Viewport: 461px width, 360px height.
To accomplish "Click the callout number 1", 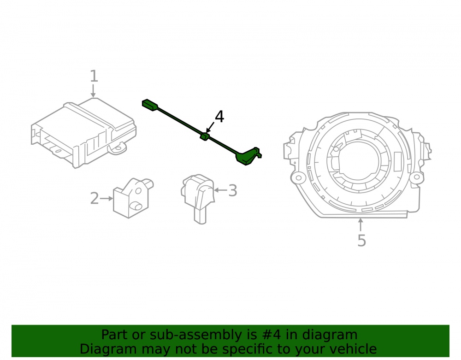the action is (x=94, y=76).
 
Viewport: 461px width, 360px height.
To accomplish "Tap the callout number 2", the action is (x=95, y=198).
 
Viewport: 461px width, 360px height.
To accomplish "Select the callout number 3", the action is (x=233, y=191).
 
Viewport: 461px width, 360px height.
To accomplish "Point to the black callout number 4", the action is (x=219, y=117).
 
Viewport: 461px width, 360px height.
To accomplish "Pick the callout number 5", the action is (x=361, y=241).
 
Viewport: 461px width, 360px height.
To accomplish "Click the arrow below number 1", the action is (x=93, y=91).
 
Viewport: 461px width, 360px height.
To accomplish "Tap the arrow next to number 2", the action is (x=106, y=199).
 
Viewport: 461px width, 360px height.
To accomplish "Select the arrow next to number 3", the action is (x=220, y=190).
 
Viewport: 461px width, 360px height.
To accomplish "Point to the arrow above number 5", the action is (x=361, y=224).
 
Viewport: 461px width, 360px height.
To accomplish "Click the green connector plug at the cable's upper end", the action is (x=150, y=105).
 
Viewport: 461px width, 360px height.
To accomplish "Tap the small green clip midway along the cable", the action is (x=204, y=136).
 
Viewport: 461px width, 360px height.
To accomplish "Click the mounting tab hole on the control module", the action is (x=118, y=148).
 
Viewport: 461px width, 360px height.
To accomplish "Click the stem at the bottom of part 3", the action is (x=200, y=216).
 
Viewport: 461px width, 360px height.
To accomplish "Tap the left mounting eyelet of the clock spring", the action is (x=298, y=177).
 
